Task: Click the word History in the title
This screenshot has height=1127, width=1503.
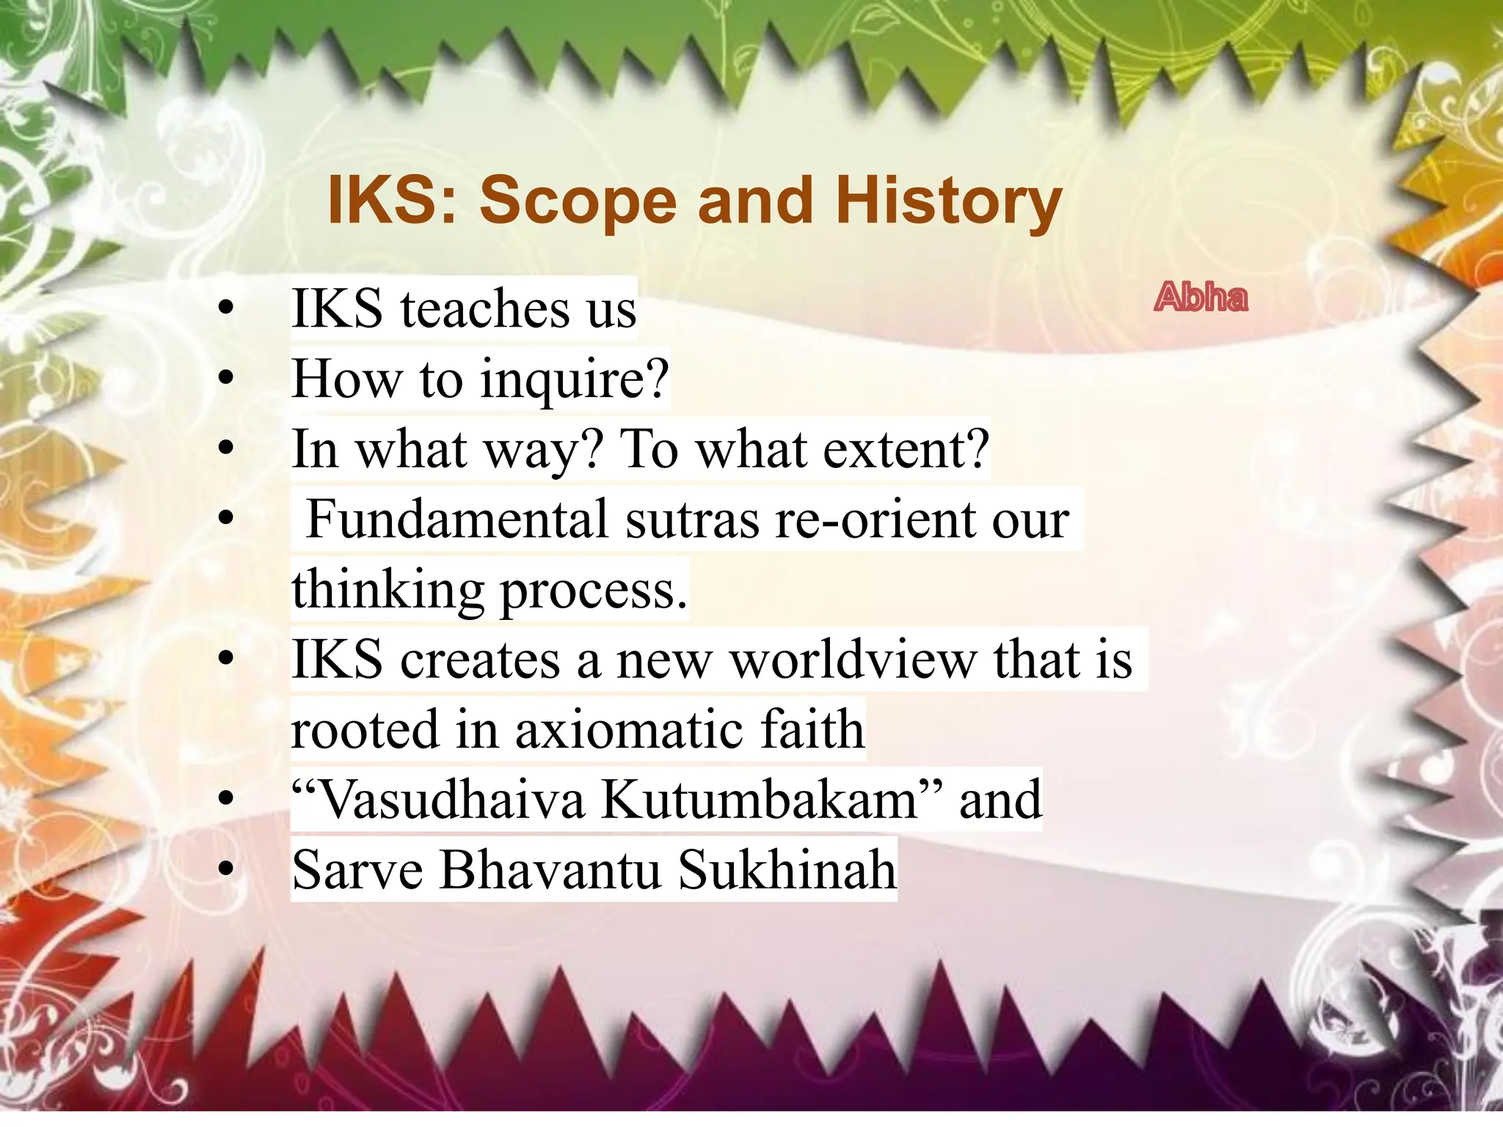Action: click(948, 200)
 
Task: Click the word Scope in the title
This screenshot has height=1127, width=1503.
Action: click(578, 200)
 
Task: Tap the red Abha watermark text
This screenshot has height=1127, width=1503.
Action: click(1201, 298)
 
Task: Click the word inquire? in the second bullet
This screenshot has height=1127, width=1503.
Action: click(575, 380)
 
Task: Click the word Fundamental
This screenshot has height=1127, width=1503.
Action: click(456, 519)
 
